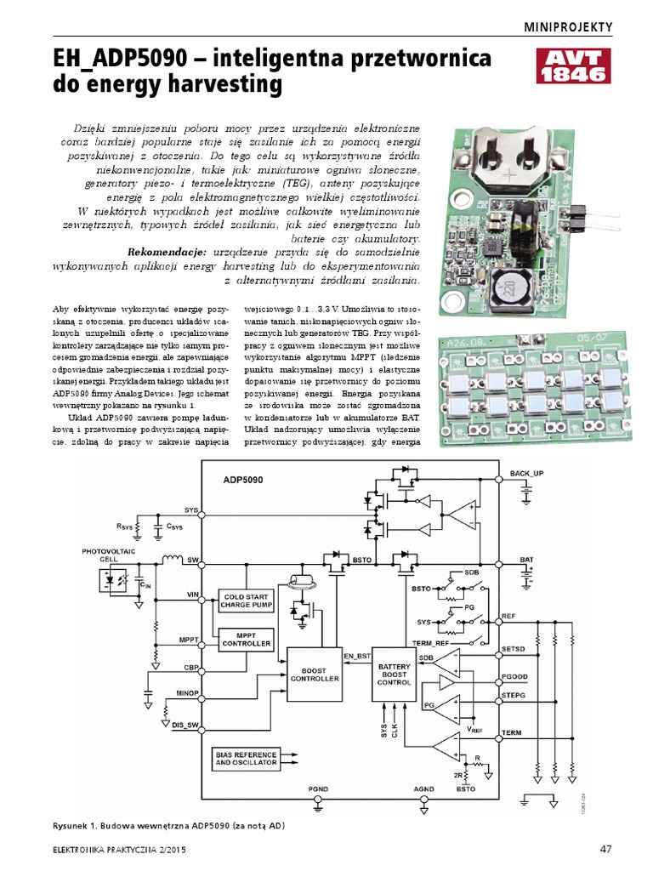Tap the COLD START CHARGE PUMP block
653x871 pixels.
pos(247,601)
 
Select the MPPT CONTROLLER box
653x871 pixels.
pos(247,639)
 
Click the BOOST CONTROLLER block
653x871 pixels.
pos(315,675)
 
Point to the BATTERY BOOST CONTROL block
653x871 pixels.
pos(394,674)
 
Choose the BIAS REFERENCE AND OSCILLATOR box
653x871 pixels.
pos(246,759)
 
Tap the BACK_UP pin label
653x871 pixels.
pos(527,472)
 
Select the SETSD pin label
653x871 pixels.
pos(515,649)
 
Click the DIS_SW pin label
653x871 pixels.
pos(185,725)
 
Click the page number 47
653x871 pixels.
pos(605,849)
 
